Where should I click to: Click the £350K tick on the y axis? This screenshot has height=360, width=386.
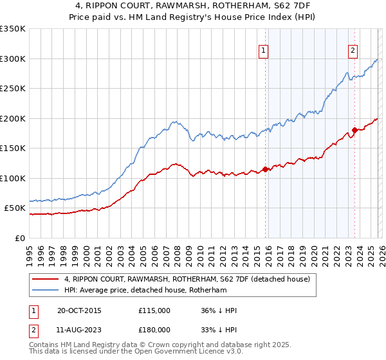(x=13, y=29)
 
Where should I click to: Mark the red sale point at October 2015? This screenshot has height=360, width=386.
(x=265, y=170)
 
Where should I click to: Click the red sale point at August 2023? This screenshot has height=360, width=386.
(x=353, y=130)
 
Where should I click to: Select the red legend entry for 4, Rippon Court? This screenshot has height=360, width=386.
(x=187, y=279)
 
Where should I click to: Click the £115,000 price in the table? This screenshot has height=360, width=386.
(x=154, y=310)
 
